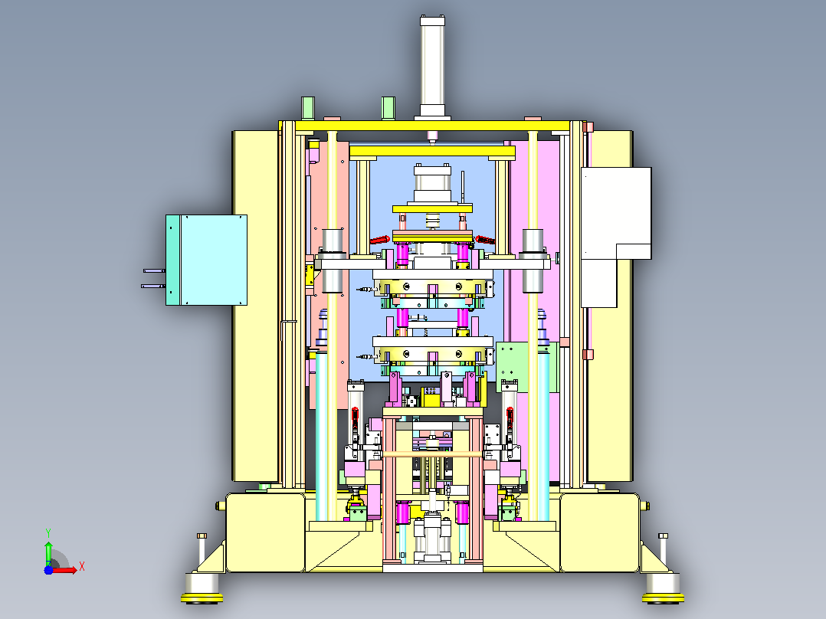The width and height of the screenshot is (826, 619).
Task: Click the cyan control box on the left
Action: pos(207,260)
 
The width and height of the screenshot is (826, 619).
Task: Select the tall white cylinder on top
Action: pos(432,66)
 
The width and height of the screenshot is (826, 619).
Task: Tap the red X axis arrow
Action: pos(65,570)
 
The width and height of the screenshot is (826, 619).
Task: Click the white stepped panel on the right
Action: pos(616,236)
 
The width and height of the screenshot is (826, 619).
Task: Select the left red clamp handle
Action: pos(379,240)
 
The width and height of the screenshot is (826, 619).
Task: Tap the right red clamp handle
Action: pos(485,240)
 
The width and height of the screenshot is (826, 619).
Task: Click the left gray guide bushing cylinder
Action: pos(333,260)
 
